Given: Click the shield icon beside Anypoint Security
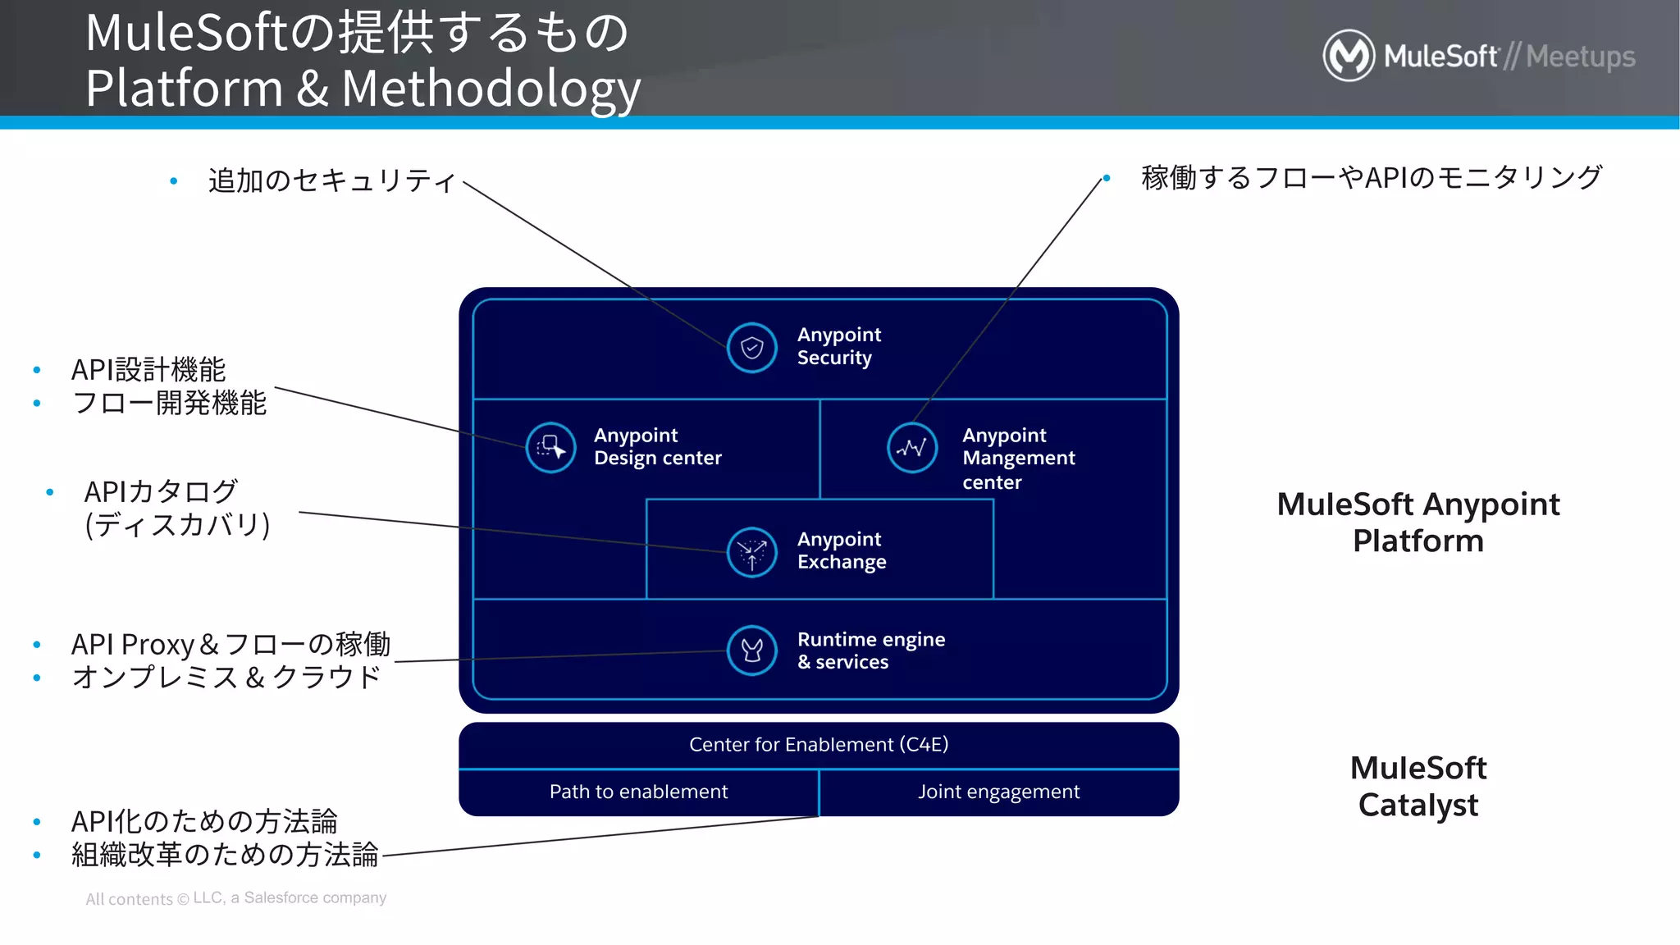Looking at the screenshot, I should pos(751,348).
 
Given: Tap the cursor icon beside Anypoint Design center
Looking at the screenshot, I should pos(550,448).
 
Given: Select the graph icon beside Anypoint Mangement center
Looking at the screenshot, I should pos(912,448).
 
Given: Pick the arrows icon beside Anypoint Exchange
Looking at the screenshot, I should pos(751,552).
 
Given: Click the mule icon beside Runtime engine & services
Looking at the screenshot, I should pos(751,651).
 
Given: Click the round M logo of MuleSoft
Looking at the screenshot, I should pos(1349,56).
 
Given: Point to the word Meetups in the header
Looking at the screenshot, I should pos(1580,57).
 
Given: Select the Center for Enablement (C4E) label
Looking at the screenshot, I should pos(819,745).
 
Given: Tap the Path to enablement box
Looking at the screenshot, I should pos(638,792).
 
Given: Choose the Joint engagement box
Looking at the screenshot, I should pos(998,792).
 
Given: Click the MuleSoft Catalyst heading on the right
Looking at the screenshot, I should pos(1417,787).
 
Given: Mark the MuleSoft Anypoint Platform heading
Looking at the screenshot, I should pos(1417,523).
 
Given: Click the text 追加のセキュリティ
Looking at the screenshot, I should pos(331,180).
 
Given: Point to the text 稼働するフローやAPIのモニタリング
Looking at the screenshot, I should pos(1371,177).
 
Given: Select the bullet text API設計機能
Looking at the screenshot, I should pos(148,370).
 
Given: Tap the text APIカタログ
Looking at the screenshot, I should pos(161,492).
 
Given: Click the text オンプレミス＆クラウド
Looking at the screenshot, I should pos(226,678).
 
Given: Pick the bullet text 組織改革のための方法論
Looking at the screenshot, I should pos(225,855).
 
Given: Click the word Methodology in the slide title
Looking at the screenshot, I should pos(491,89).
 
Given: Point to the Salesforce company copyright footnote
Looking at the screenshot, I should pos(236,898).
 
